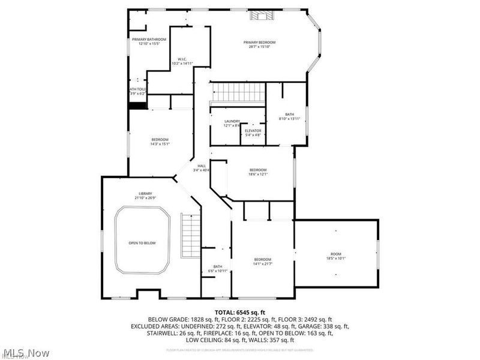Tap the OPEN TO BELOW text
(x=142, y=243)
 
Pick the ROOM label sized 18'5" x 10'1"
(x=335, y=256)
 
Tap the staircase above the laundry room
(x=239, y=93)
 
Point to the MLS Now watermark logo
(x=25, y=353)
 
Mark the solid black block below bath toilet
(x=138, y=106)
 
